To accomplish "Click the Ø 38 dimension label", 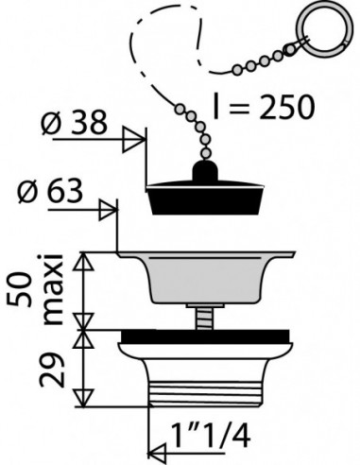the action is tap(75, 122).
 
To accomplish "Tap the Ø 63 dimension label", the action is tap(51, 191).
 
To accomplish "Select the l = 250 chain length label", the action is tap(264, 107).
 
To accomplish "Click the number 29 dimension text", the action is tap(52, 370).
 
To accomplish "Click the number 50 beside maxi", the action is tap(20, 289).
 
